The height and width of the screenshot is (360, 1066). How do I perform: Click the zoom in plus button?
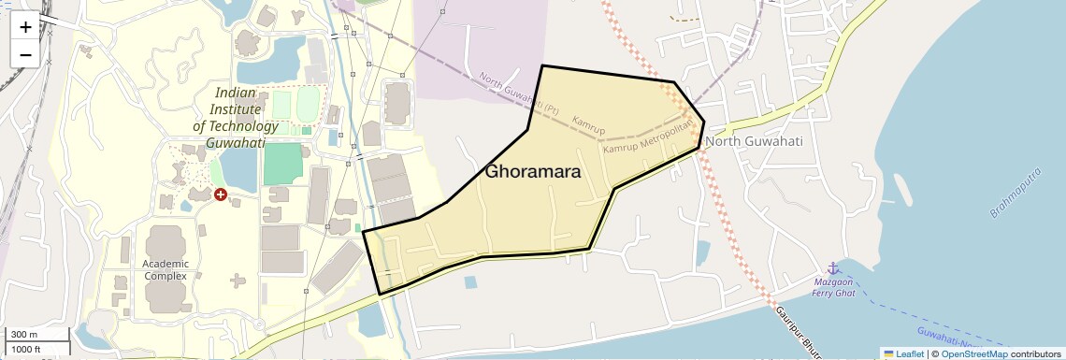(x=25, y=27)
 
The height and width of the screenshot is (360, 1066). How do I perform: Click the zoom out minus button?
(x=25, y=54)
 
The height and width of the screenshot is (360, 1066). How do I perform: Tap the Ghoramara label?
(x=533, y=172)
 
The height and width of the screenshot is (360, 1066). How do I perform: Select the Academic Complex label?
(x=166, y=269)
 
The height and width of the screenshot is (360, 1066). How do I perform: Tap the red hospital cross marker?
(x=221, y=194)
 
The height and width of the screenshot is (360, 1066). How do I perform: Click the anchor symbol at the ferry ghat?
(x=829, y=268)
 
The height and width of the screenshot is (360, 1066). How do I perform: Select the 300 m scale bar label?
(x=24, y=335)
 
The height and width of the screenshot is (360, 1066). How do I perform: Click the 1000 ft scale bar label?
(x=27, y=349)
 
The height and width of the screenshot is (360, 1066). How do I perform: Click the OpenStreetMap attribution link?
(x=974, y=353)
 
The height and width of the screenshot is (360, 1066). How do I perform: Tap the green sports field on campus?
(x=283, y=164)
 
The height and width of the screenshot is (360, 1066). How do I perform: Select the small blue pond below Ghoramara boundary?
(x=470, y=281)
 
